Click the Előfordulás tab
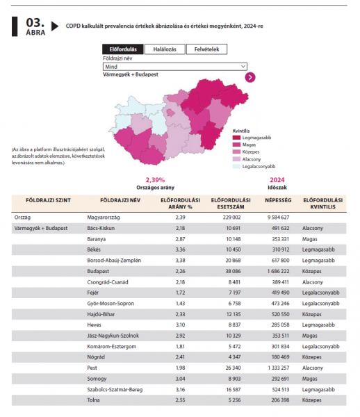coord(123,49)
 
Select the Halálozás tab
coord(165,49)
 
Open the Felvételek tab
coord(206,49)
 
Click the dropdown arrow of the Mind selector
coord(243,67)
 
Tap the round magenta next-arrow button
coord(250,77)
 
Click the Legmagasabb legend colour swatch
coord(236,138)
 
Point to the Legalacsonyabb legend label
coord(259,167)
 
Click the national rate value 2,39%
coord(155,180)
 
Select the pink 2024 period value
coord(277,180)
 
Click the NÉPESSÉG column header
coord(278,200)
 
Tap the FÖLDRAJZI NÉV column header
coord(120,200)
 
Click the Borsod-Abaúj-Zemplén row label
coord(114,261)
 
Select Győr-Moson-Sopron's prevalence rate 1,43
coord(180,304)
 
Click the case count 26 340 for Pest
coord(234,368)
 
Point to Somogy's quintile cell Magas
coord(309,379)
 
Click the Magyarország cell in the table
coord(104,218)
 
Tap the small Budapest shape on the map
coord(170,113)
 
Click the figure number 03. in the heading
coord(35,23)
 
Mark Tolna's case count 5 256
coord(234,400)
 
